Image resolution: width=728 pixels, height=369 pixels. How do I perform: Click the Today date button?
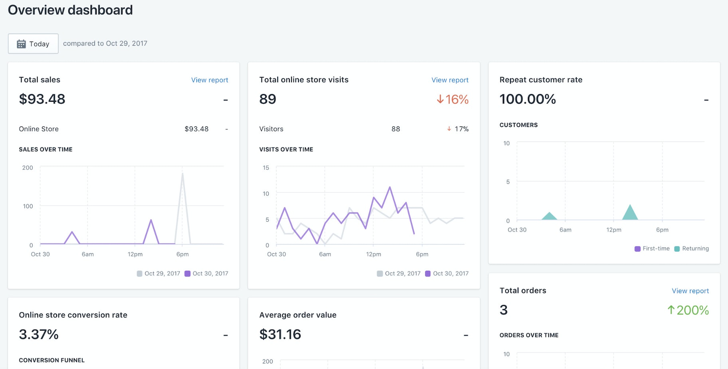point(33,44)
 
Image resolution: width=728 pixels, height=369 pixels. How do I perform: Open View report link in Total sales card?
point(210,80)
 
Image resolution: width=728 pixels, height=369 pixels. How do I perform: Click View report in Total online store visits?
point(450,80)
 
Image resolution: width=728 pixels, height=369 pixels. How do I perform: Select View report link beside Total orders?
point(690,291)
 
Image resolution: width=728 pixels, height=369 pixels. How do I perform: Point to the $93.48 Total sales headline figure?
point(42,99)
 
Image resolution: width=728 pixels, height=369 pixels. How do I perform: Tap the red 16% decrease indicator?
point(453,99)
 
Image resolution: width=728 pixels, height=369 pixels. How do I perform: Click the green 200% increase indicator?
point(688,310)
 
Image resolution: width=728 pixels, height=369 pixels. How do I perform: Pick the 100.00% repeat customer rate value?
point(528,99)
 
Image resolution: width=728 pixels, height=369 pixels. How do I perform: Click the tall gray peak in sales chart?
point(182,176)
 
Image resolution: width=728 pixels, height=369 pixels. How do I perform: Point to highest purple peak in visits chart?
point(390,187)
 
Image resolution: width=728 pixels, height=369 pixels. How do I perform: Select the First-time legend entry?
point(652,248)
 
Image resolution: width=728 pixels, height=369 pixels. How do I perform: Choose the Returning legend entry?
point(692,248)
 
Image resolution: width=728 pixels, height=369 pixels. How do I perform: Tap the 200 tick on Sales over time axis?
point(28,168)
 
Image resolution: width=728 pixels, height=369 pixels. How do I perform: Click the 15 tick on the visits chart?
point(266,168)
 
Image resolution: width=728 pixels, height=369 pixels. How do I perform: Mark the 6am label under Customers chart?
point(565,230)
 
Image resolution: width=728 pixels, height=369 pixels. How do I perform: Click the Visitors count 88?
point(396,129)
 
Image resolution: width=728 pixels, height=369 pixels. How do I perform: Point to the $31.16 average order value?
point(280,334)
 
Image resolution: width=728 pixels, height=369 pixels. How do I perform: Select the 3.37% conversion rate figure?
point(39,334)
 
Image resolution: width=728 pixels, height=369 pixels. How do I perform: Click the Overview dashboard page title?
point(70,10)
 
